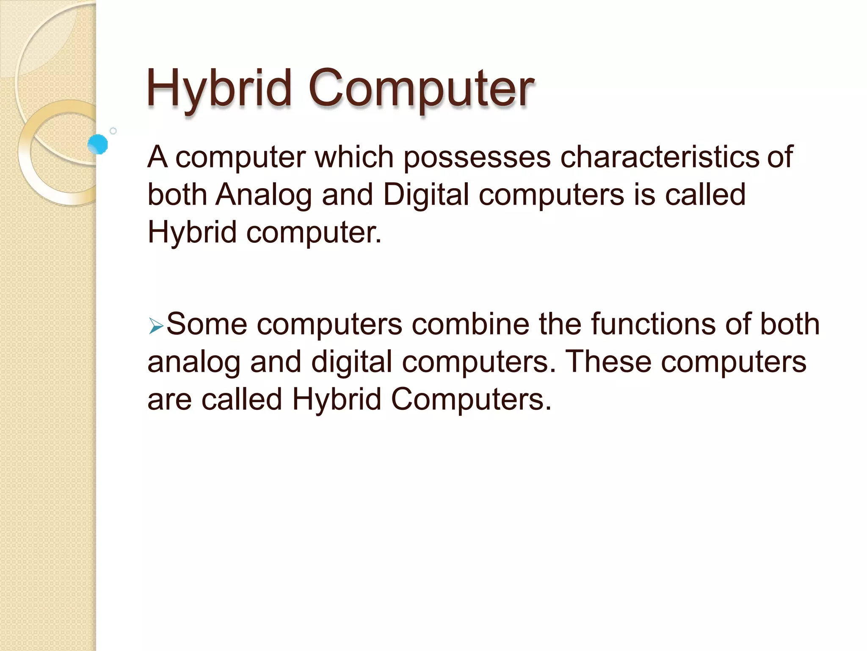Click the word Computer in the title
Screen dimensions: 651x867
(x=421, y=89)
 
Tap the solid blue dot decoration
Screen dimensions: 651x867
(x=98, y=144)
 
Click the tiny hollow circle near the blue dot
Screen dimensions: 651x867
(x=113, y=131)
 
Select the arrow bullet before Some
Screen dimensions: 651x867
(x=156, y=327)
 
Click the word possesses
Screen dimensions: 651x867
(x=477, y=157)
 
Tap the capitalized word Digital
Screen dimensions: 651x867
(x=426, y=195)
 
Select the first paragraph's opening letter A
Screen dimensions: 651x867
(x=157, y=157)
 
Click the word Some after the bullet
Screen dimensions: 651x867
(x=207, y=324)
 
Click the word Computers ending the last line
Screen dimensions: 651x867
(x=471, y=399)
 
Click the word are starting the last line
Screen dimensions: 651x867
(x=169, y=400)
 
